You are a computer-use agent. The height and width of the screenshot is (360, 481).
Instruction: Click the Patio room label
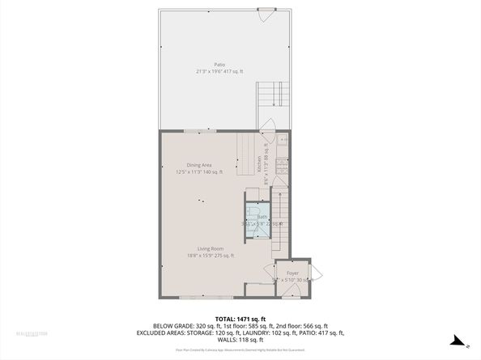(x=219, y=65)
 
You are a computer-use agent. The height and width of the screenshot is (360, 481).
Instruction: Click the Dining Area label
(x=199, y=165)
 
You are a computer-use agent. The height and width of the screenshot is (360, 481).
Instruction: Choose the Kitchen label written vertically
(x=260, y=165)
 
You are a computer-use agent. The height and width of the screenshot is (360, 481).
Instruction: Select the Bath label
(x=263, y=218)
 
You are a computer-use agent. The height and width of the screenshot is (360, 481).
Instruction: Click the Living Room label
(x=210, y=248)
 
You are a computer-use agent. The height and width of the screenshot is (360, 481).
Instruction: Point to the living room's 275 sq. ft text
(x=223, y=256)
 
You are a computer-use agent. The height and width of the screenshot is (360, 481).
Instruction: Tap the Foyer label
(x=292, y=273)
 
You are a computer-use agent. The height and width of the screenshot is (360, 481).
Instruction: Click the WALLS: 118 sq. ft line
(x=240, y=338)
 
